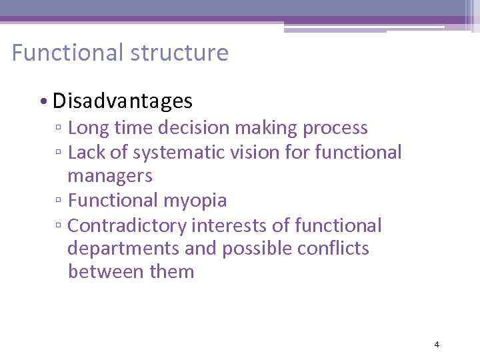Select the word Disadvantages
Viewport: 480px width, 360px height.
point(123,101)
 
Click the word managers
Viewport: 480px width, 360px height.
point(110,177)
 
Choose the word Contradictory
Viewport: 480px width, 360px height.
point(127,226)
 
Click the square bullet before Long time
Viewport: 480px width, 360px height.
point(59,129)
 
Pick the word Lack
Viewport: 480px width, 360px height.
point(85,153)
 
